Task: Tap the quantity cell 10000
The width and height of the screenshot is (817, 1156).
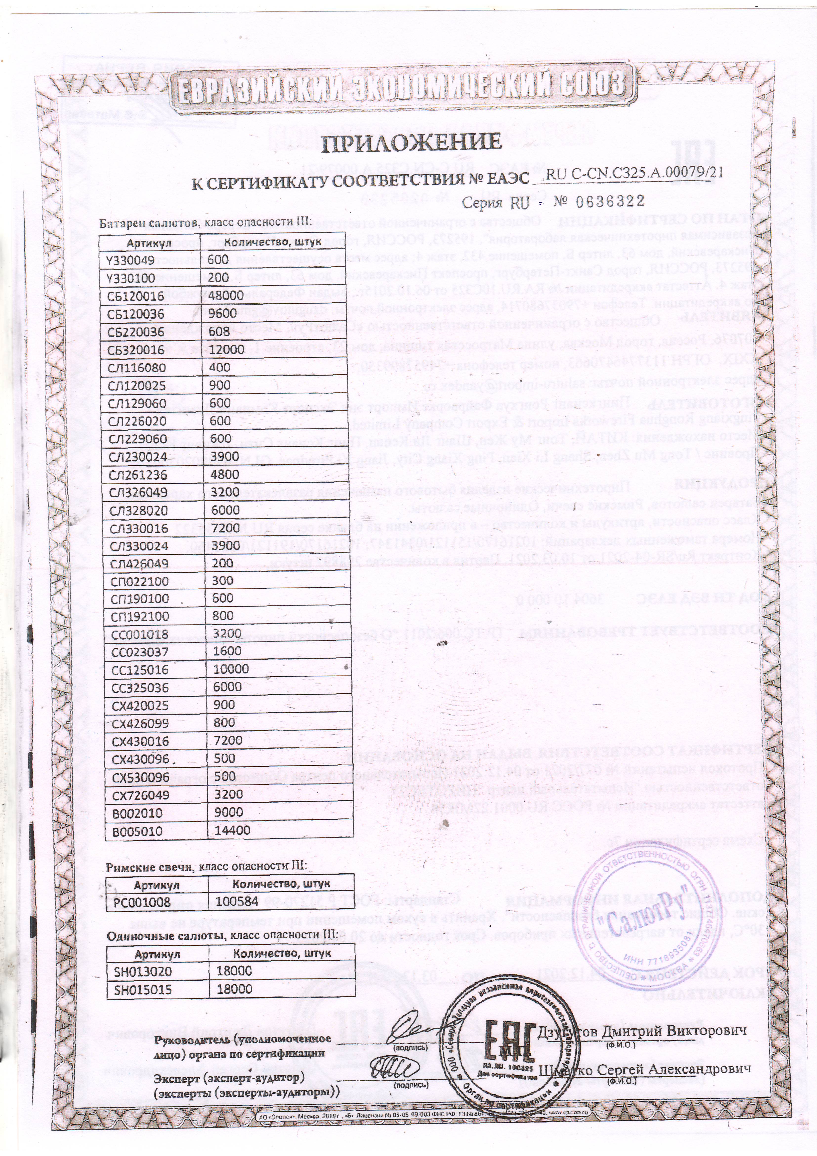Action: pos(231,669)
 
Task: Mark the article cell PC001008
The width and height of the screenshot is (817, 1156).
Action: pos(142,902)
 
